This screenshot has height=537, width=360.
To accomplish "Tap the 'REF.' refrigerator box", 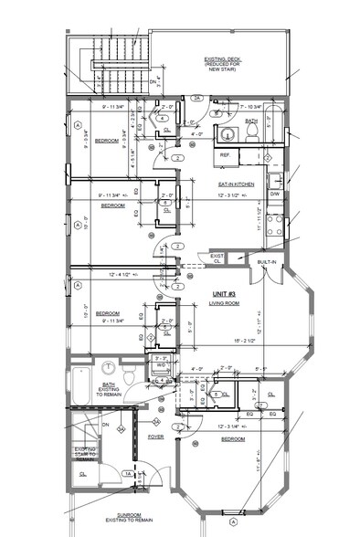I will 225,155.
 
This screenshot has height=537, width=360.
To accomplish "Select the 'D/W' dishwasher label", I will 274,195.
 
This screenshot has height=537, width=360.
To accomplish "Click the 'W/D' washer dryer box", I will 161,364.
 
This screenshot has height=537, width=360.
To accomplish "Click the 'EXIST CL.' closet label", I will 217,259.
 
